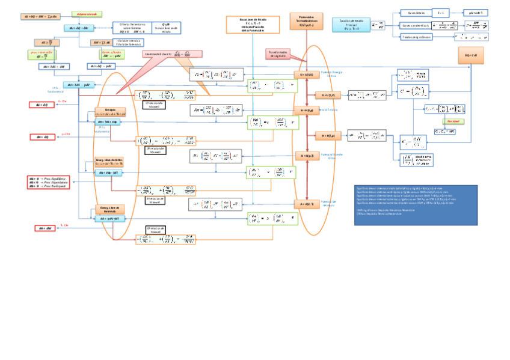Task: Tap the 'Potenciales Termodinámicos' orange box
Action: pyautogui.click(x=306, y=22)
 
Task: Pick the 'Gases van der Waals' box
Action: pyautogui.click(x=415, y=25)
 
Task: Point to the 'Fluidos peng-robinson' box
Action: pyautogui.click(x=416, y=36)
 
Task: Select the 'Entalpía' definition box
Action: pyautogui.click(x=109, y=111)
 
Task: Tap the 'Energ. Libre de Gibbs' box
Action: pyautogui.click(x=109, y=161)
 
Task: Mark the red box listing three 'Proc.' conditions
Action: pyautogui.click(x=49, y=182)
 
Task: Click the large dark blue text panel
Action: pyautogui.click(x=416, y=204)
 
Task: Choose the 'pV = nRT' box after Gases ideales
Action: pyautogui.click(x=475, y=12)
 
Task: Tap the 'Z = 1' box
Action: pyautogui.click(x=441, y=12)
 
